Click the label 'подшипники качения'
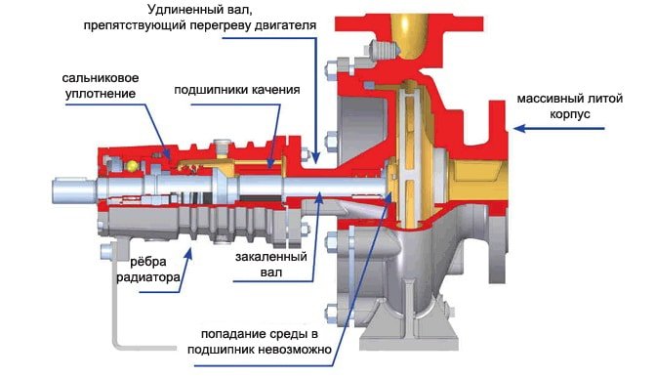point(237,90)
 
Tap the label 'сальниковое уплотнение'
point(101,86)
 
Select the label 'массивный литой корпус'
point(570,106)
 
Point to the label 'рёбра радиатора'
point(148,270)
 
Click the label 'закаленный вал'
point(271,264)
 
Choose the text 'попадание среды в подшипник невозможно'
point(260,342)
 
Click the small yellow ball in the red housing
point(133,165)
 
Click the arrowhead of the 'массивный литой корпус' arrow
point(518,128)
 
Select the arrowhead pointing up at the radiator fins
point(189,253)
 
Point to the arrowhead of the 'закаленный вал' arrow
point(318,196)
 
